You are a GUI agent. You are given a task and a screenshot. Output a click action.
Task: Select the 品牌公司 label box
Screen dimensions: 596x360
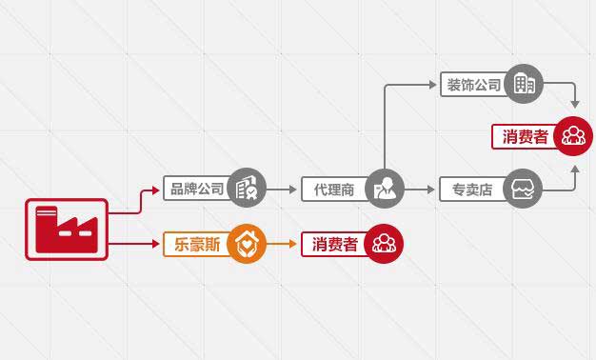tap(197, 189)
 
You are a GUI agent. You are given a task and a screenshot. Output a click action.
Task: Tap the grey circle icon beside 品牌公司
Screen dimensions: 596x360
tap(247, 189)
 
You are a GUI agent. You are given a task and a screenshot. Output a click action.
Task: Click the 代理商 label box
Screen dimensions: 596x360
tap(333, 190)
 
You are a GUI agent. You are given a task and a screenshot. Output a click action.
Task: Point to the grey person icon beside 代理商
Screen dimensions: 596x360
tap(385, 189)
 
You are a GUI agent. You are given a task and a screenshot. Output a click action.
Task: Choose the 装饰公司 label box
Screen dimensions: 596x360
tap(473, 85)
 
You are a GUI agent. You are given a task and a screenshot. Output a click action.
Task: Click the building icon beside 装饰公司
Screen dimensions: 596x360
tap(524, 85)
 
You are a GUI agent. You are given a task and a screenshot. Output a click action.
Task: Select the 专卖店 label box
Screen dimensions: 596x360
tap(473, 190)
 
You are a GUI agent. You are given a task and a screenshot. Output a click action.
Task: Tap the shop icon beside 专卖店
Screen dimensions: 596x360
tap(524, 189)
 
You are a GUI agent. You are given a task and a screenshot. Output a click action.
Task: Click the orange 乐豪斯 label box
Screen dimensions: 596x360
tap(197, 244)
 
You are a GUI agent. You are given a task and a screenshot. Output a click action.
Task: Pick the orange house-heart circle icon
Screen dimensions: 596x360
tap(247, 244)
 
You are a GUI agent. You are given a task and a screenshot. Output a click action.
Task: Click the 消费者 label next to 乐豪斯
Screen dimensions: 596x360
tap(333, 245)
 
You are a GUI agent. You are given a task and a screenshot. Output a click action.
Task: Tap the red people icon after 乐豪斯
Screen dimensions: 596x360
tap(384, 244)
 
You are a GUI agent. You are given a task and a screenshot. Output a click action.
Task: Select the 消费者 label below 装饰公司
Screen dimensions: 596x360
tap(525, 136)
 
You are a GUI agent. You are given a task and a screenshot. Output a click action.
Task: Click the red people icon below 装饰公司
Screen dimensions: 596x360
tap(573, 135)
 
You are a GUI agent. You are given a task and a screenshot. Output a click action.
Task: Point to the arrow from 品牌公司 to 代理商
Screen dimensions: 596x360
tap(282, 189)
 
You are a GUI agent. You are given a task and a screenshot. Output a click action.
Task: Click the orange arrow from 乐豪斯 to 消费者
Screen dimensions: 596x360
tap(282, 244)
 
